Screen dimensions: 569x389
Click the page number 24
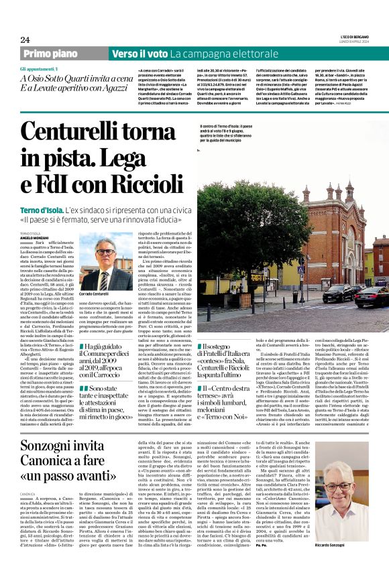[25, 40]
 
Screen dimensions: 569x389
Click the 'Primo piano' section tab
[50, 54]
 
